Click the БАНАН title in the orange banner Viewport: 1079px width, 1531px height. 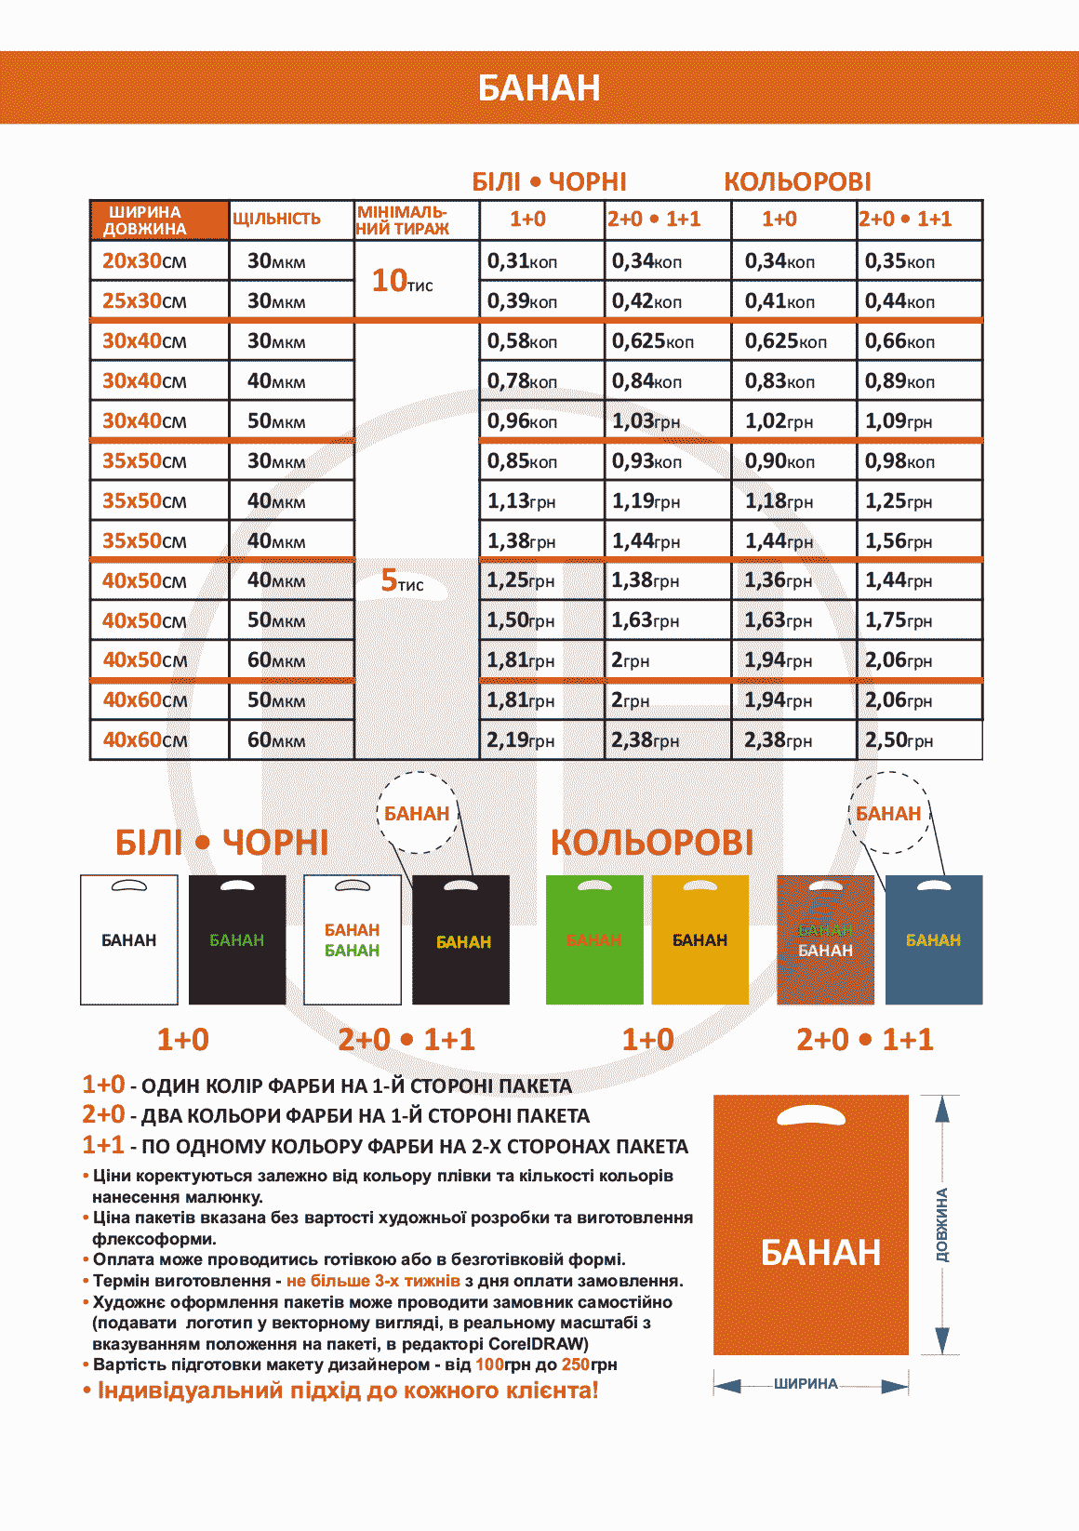pyautogui.click(x=539, y=87)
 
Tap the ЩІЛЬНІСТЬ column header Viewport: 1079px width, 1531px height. pyautogui.click(x=276, y=220)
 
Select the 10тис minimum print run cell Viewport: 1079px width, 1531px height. pyautogui.click(x=402, y=281)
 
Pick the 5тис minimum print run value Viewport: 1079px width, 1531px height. pyautogui.click(x=402, y=581)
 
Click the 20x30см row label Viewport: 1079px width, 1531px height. pyautogui.click(x=144, y=261)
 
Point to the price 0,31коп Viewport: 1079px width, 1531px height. pyautogui.click(x=522, y=261)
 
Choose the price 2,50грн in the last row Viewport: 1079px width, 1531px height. pyautogui.click(x=899, y=740)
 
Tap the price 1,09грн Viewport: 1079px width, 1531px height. pyautogui.click(x=899, y=421)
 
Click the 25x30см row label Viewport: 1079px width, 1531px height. pyautogui.click(x=144, y=301)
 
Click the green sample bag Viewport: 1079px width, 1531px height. pyautogui.click(x=594, y=939)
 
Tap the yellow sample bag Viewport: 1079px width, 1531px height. pyautogui.click(x=699, y=939)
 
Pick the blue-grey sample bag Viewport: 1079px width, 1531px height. pyautogui.click(x=934, y=939)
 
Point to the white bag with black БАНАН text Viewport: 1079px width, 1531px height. pyautogui.click(x=129, y=939)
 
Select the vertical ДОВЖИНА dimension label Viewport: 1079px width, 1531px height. pyautogui.click(x=942, y=1224)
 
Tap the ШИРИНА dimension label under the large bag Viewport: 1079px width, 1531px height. pyautogui.click(x=806, y=1384)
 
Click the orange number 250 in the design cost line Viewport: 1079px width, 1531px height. pyautogui.click(x=576, y=1365)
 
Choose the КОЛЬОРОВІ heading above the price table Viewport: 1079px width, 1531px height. pyautogui.click(x=797, y=181)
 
